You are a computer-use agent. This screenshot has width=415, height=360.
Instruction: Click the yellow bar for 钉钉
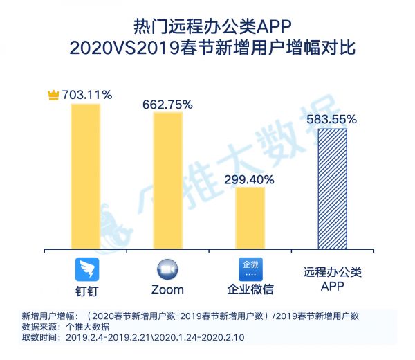pos(85,177)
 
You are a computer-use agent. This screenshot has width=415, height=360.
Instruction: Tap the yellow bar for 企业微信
pos(250,217)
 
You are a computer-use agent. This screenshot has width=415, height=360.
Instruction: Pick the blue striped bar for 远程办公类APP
pos(332,188)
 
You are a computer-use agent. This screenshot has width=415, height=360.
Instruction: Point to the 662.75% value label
pos(167,104)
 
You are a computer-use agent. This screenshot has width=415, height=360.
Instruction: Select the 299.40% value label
pos(249,179)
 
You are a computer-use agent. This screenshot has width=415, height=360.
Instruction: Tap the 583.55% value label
pos(332,119)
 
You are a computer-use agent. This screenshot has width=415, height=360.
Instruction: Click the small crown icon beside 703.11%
pos(54,95)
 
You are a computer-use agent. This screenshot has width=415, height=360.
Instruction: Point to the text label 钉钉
pos(86,289)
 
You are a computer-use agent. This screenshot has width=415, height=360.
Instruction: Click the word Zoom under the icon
pos(167,289)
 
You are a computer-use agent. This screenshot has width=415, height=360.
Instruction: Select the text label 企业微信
pos(250,289)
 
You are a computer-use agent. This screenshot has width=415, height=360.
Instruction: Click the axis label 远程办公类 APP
pos(332,278)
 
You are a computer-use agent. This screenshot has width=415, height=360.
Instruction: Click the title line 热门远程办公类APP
pos(207,26)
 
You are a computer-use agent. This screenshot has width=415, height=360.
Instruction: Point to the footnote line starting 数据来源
pos(57,326)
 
